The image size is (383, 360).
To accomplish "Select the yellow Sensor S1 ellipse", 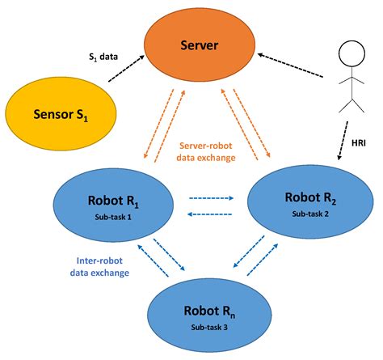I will click(58, 113).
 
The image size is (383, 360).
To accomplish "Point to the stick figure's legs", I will click(351, 103).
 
